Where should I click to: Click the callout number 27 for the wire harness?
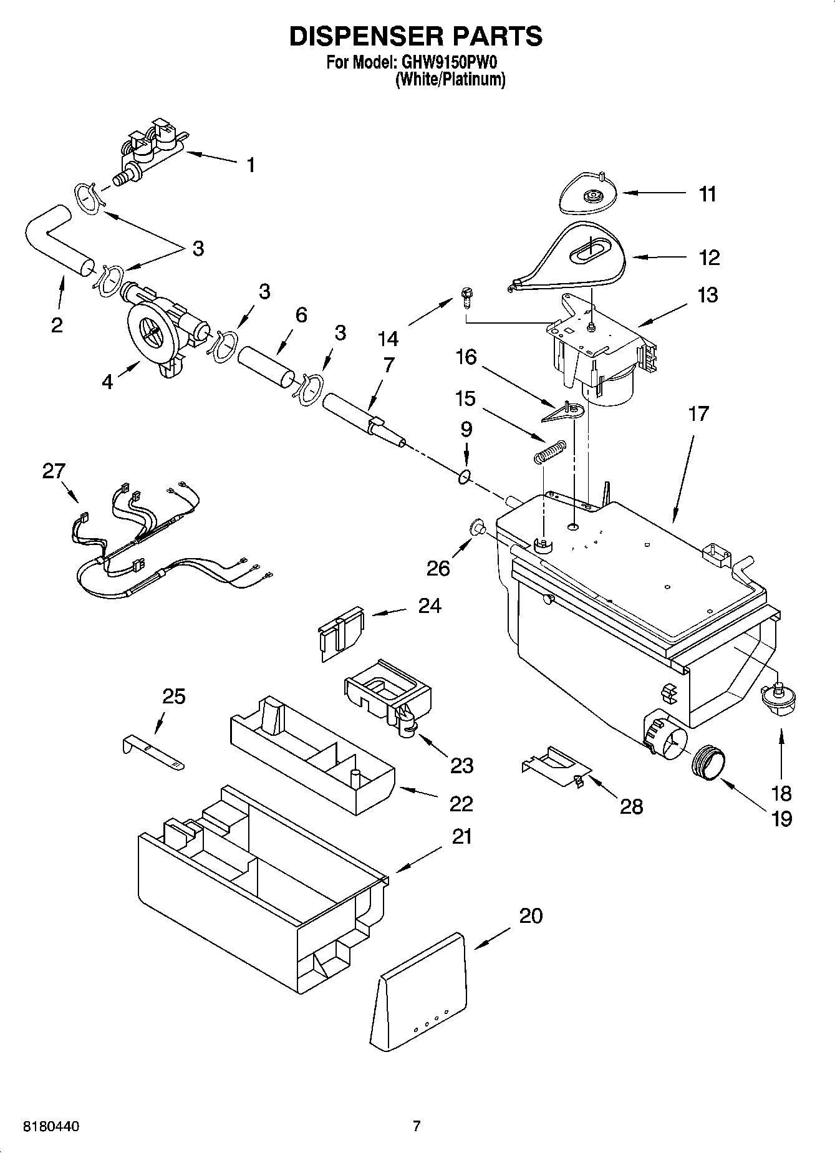pos(54,470)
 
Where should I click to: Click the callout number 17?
pos(698,413)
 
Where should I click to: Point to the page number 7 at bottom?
pos(417,1126)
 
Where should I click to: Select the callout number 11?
pos(707,194)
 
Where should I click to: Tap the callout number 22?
pos(461,804)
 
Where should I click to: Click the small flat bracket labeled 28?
pos(552,766)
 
